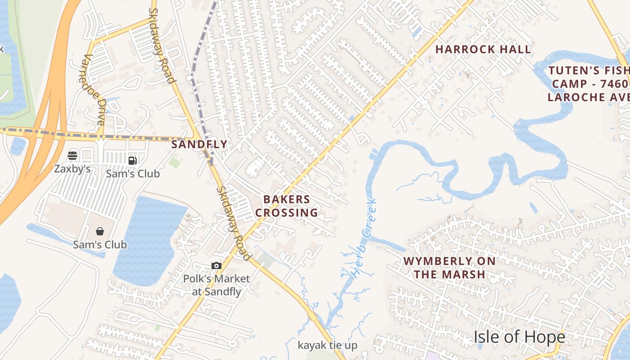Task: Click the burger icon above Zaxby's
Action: click(x=72, y=156)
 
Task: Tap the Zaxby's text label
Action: click(x=72, y=169)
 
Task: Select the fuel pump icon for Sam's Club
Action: click(x=132, y=160)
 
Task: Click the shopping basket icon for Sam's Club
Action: click(x=99, y=231)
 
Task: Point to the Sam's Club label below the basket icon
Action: click(x=100, y=245)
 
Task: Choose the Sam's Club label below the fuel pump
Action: click(x=133, y=173)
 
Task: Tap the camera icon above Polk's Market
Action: click(x=216, y=266)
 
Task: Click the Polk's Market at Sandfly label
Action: click(x=216, y=285)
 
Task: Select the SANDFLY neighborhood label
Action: click(x=199, y=144)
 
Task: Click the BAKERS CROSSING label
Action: click(x=287, y=206)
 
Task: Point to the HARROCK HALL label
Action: click(x=483, y=49)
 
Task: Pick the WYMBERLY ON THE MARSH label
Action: click(x=449, y=267)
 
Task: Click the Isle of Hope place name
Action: click(x=519, y=337)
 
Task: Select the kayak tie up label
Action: click(x=328, y=346)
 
